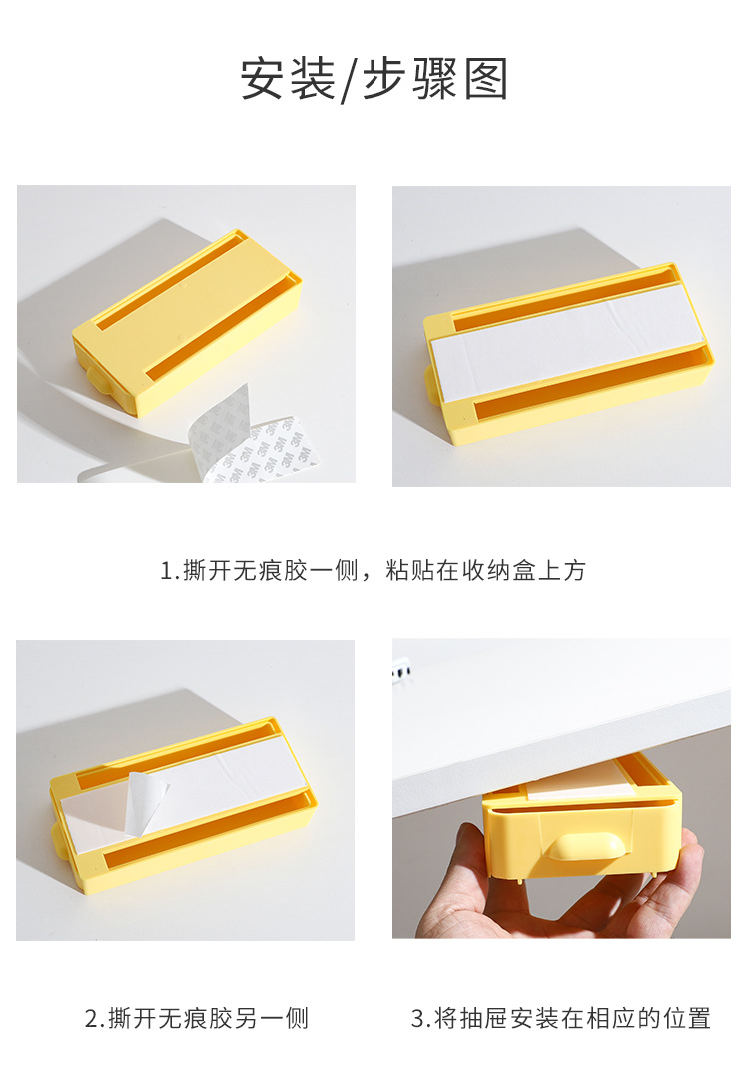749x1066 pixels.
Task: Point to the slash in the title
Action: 349,81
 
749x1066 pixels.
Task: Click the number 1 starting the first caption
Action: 167,571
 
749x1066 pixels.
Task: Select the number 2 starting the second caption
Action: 91,1019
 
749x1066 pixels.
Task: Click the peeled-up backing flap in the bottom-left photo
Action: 145,799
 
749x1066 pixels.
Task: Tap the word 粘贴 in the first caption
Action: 409,571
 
